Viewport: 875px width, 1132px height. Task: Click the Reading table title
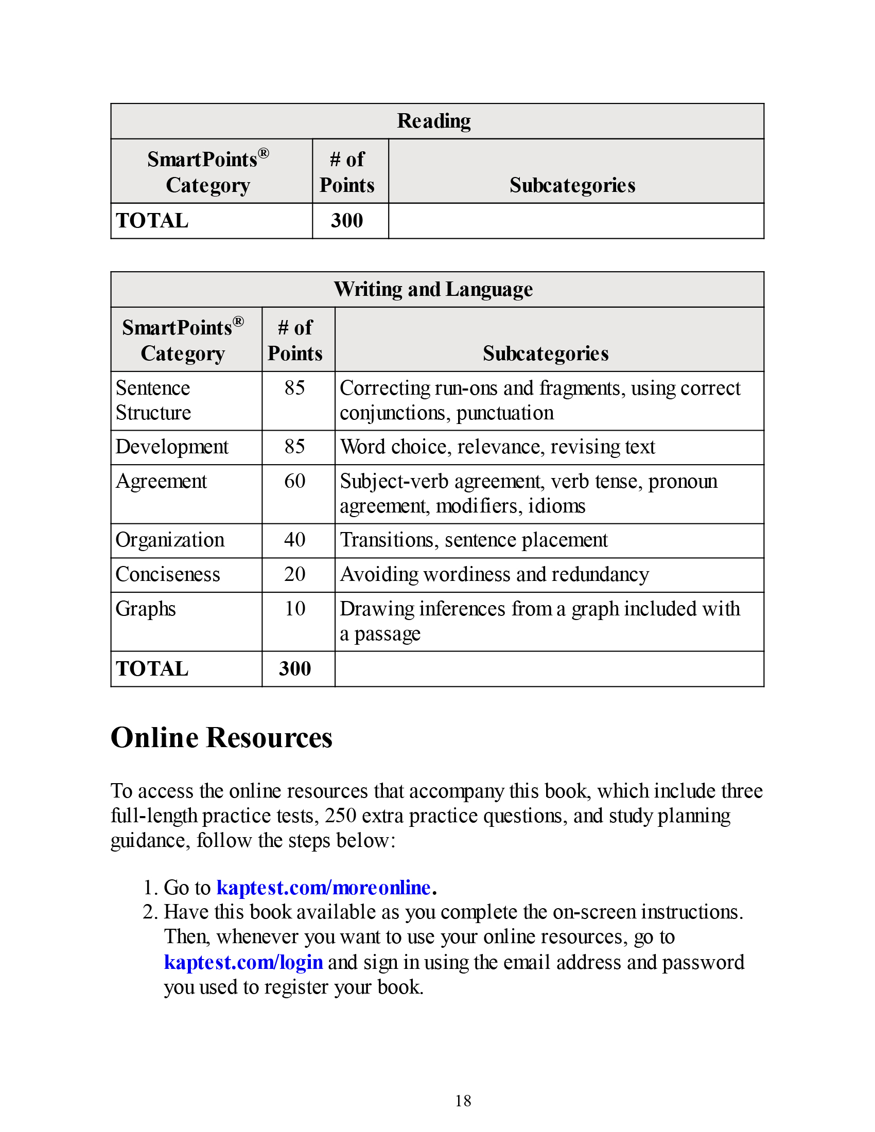[434, 121]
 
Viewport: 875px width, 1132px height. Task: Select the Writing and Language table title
[433, 289]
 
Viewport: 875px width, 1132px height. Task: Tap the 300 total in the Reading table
[347, 221]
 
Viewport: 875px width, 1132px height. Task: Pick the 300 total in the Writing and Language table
[295, 668]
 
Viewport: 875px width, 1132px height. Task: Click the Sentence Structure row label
[153, 400]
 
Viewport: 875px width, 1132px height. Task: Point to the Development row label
[171, 447]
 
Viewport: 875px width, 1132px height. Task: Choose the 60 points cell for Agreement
[295, 481]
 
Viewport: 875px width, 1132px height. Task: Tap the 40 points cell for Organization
[295, 540]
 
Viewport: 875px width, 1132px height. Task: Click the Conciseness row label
[167, 574]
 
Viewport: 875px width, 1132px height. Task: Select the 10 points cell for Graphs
[295, 609]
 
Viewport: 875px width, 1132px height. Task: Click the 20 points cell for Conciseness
[295, 574]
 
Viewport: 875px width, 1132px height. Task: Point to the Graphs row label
[146, 609]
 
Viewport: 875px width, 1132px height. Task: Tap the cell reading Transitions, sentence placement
[473, 540]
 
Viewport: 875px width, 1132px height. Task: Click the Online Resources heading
[221, 737]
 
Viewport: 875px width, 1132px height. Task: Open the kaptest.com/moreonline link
[323, 888]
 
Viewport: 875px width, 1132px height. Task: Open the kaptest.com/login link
[243, 962]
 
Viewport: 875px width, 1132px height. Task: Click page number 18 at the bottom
[463, 1101]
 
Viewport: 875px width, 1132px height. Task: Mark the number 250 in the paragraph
[340, 816]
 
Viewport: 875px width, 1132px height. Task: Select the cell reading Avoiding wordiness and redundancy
[494, 574]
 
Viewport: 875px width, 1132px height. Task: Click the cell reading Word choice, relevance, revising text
[497, 447]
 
